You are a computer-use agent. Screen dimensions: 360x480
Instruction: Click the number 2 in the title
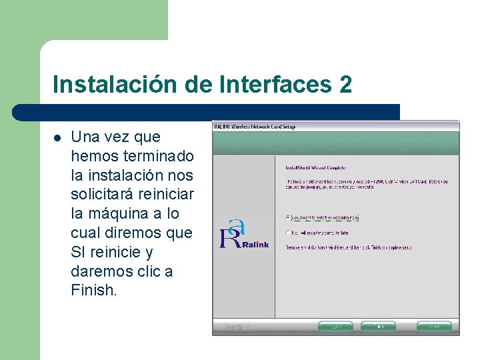pos(345,85)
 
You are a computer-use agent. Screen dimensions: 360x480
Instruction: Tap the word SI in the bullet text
pos(79,253)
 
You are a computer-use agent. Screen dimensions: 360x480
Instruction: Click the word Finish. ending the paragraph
pos(94,291)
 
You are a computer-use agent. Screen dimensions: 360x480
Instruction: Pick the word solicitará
pos(101,195)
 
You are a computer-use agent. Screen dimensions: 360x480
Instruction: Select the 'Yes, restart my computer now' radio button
pos(287,217)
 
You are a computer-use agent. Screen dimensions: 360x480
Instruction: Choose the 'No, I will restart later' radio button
pos(287,233)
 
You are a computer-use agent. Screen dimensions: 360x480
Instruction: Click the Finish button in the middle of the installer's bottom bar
pos(378,327)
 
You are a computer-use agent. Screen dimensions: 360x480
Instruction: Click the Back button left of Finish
pos(335,327)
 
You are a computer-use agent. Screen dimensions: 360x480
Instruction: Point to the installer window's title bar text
pos(255,126)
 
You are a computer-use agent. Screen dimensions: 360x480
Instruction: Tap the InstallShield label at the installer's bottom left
pos(238,327)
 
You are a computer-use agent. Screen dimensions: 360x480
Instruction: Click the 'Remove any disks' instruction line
pos(348,247)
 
